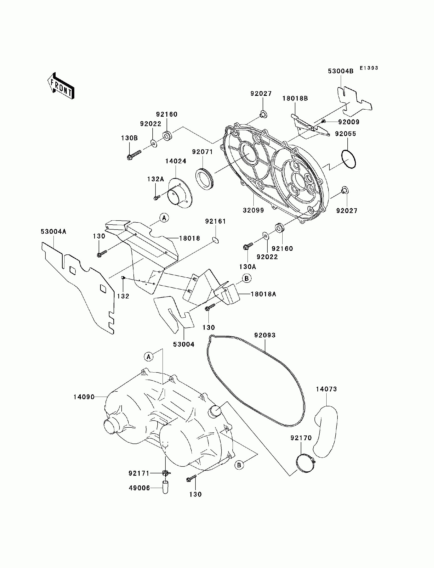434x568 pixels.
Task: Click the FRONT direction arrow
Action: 61,86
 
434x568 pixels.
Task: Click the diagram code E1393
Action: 369,68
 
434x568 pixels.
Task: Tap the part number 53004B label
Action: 341,71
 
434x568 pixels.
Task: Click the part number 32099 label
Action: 253,210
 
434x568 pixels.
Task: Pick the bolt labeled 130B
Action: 135,155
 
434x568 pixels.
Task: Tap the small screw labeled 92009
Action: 323,121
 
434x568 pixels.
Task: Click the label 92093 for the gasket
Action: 265,335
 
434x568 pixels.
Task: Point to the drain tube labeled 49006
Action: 165,487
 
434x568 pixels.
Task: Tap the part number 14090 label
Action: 84,397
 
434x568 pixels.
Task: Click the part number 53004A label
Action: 53,232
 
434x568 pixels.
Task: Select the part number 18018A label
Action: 264,294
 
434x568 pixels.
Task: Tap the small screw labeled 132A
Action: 157,198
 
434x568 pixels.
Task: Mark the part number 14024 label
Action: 176,161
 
